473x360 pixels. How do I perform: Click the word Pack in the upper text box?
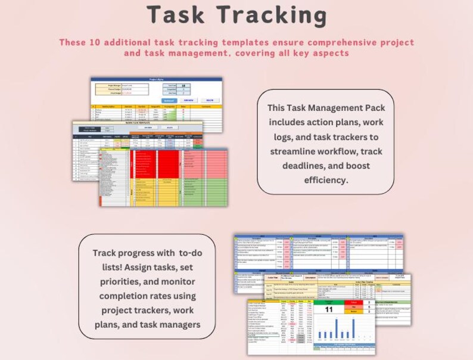point(375,108)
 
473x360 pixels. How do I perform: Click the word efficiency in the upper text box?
point(325,179)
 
